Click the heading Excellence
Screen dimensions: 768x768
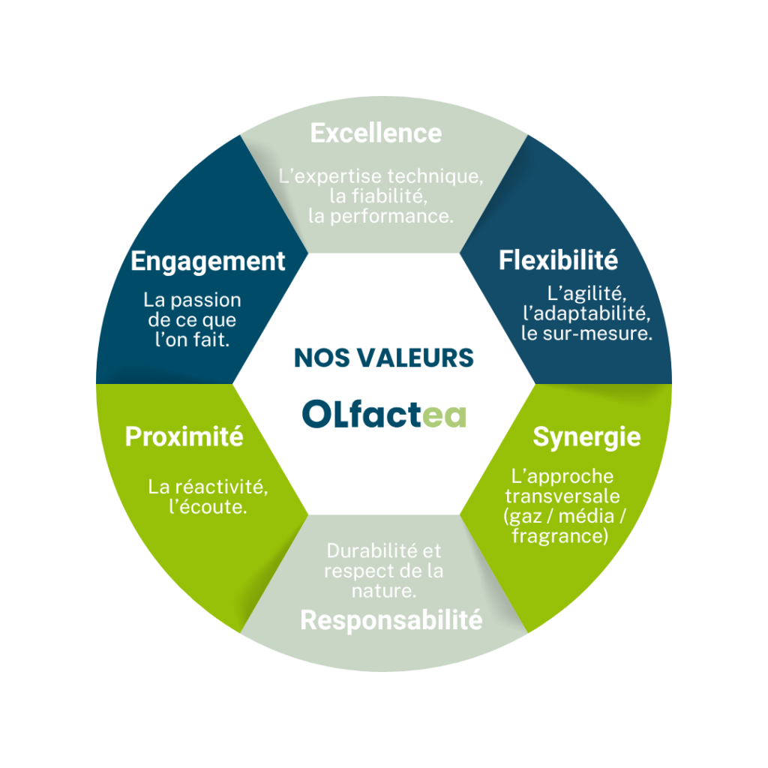click(x=376, y=133)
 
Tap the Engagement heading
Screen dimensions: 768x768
click(x=208, y=262)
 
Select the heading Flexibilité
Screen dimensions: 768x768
click(x=558, y=260)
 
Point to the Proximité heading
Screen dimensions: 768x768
click(x=184, y=436)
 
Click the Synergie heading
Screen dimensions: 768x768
click(x=586, y=436)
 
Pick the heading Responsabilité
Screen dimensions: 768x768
click(x=391, y=620)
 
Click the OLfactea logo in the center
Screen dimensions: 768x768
click(x=384, y=413)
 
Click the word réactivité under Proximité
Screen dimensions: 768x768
click(x=217, y=487)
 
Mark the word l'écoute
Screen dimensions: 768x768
click(x=208, y=507)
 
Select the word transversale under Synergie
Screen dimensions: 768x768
click(x=562, y=496)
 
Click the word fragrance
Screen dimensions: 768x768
click(x=559, y=535)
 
